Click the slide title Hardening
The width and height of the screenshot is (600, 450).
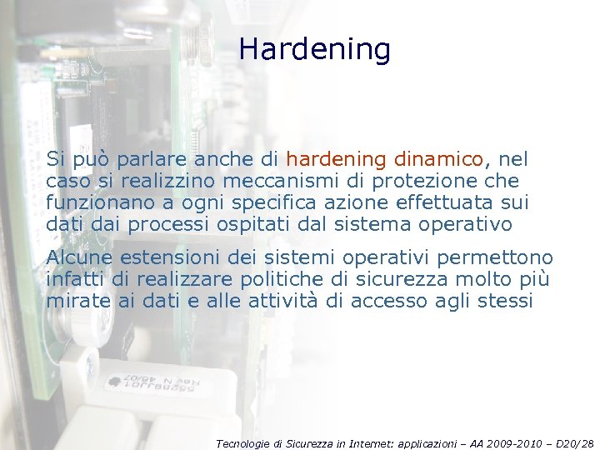[x=314, y=50]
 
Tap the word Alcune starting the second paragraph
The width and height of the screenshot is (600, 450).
[x=80, y=257]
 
